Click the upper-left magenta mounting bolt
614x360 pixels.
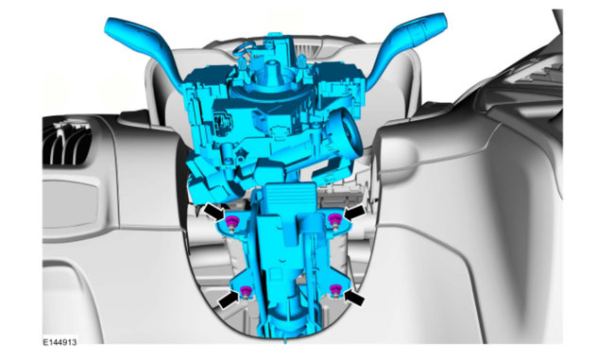(231, 223)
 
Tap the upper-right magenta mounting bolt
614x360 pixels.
(334, 221)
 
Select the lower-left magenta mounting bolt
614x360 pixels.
(246, 292)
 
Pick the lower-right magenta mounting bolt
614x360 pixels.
(334, 291)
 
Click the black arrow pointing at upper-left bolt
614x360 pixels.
(214, 212)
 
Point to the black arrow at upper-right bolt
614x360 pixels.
(354, 214)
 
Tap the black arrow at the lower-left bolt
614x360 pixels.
(230, 301)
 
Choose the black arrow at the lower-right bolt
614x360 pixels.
(354, 298)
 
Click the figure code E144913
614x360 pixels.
(60, 342)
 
